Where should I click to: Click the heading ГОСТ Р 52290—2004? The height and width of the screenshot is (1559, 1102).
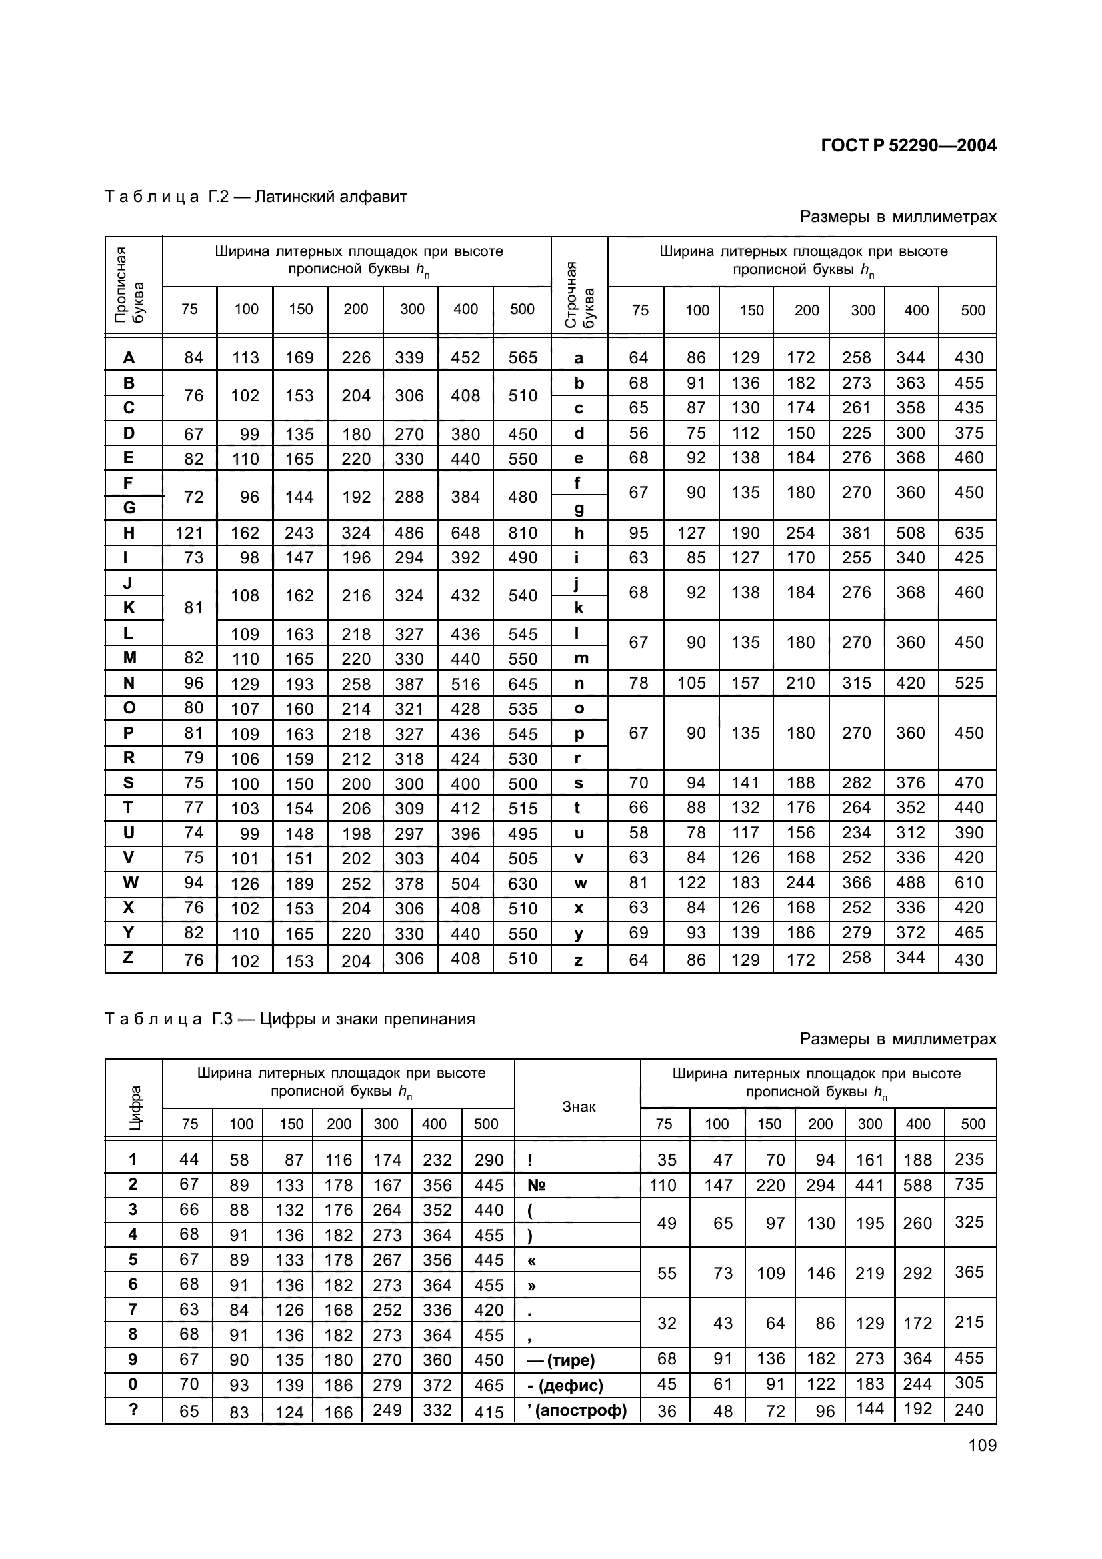908,145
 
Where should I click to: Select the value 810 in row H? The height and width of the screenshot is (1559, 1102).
522,533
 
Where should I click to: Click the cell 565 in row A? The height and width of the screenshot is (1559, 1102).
522,357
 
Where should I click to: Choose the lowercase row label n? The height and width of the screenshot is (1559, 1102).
579,683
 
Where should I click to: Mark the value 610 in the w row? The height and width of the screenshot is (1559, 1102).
968,882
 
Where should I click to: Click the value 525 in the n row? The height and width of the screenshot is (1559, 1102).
968,683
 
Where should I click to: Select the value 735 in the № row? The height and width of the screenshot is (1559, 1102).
968,1184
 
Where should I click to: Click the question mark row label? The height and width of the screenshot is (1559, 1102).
133,1410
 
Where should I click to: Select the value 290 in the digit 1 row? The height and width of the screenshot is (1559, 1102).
489,1160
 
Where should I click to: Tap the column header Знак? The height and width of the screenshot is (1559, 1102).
579,1107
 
